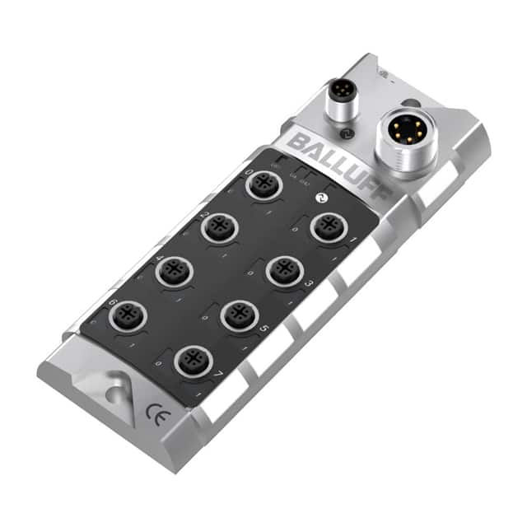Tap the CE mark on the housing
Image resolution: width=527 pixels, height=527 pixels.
154,413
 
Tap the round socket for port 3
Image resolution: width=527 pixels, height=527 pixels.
285,270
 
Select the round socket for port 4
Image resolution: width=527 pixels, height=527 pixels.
175,271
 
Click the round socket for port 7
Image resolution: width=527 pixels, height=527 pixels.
192,360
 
